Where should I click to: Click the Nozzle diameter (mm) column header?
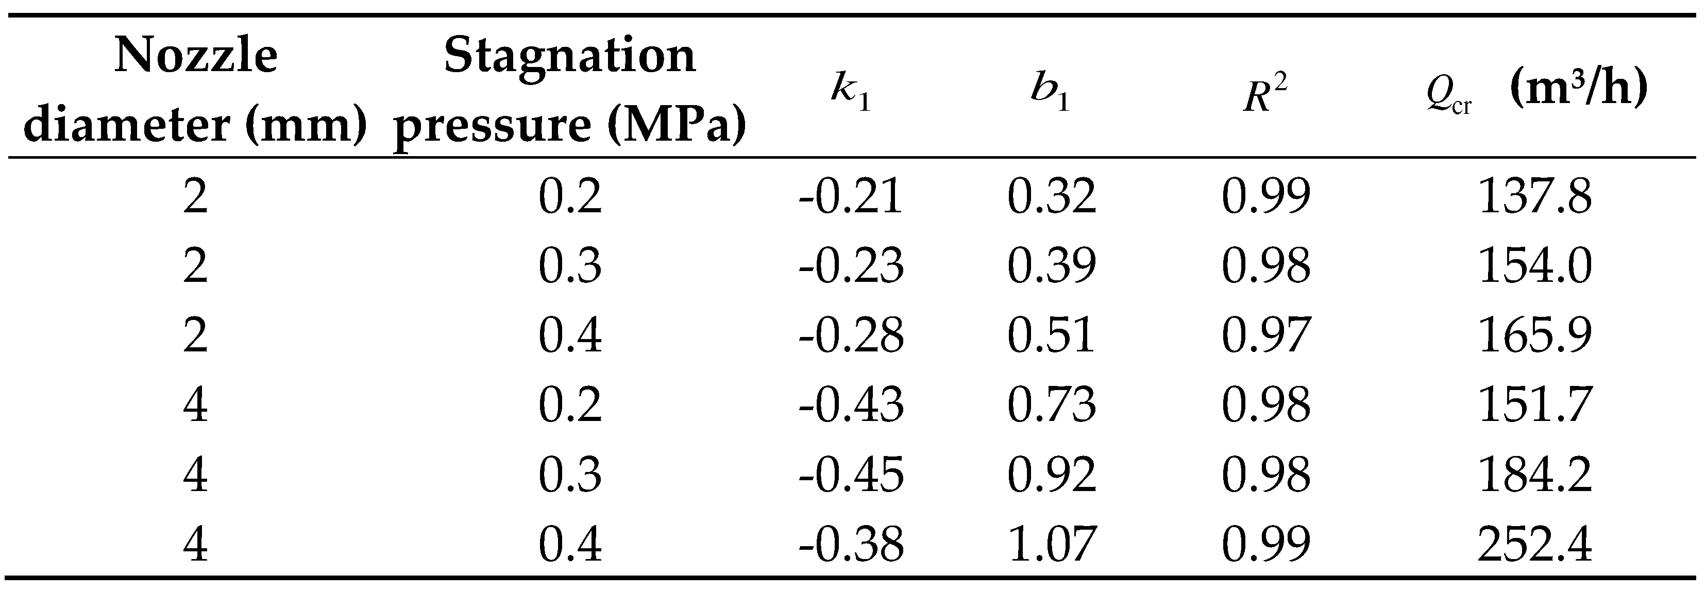tap(195, 90)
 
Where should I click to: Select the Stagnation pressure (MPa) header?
tap(569, 90)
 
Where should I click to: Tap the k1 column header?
tap(851, 93)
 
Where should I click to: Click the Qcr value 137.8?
tap(1535, 196)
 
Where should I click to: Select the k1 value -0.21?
tap(851, 196)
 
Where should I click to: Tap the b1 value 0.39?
tap(1052, 266)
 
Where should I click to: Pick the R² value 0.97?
tap(1265, 335)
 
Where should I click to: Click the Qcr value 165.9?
tap(1535, 335)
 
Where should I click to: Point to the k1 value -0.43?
tap(851, 405)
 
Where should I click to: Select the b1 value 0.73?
tap(1052, 405)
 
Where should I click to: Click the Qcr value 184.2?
tap(1535, 475)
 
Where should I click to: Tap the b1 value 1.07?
tap(1052, 544)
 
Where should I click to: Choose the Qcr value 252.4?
tap(1535, 544)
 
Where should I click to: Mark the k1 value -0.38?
tap(851, 544)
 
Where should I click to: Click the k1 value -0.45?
tap(851, 475)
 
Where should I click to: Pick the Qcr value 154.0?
tap(1535, 266)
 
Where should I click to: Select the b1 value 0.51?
tap(1052, 335)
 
